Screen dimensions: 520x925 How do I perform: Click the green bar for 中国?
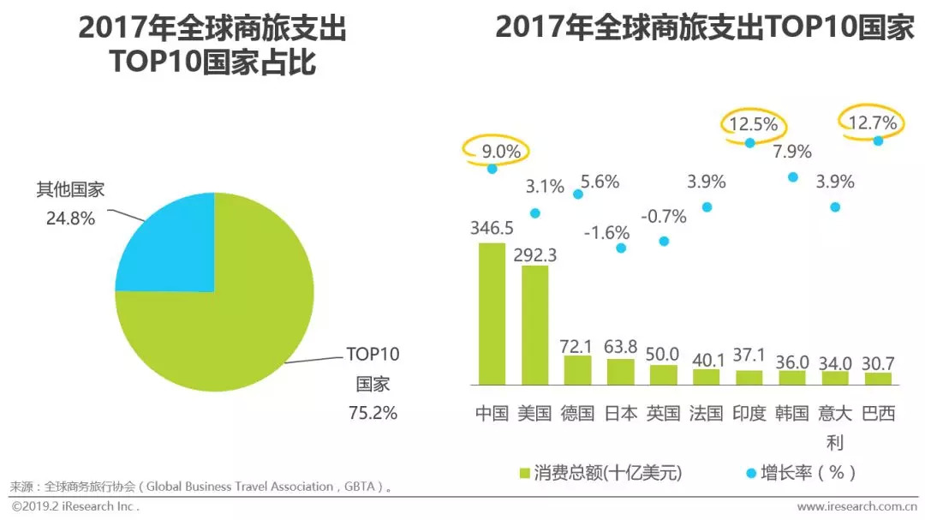492,314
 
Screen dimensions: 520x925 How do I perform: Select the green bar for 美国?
534,325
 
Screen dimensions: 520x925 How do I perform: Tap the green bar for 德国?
577,369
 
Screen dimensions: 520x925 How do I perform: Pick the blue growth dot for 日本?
621,248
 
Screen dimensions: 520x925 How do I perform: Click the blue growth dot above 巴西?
878,140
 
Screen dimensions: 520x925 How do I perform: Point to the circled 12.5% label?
754,124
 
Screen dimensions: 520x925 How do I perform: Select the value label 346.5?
492,229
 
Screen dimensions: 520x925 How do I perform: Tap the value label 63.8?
620,346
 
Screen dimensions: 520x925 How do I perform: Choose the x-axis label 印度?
749,413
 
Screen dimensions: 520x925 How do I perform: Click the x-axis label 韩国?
792,413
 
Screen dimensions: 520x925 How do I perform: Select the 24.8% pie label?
70,218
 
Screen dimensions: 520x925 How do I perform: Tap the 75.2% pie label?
372,412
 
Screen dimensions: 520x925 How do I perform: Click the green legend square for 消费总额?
525,473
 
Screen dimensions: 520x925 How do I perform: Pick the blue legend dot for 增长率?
751,473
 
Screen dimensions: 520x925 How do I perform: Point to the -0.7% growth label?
663,217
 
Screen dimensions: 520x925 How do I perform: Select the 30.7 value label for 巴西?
878,361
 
